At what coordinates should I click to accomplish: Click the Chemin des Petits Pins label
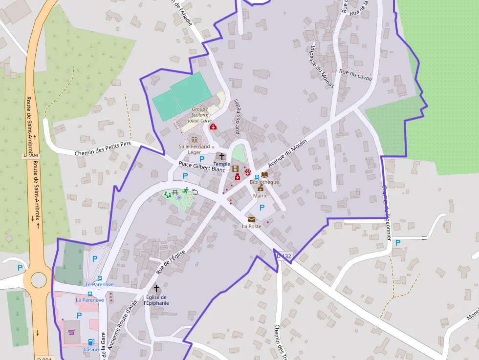pyautogui.click(x=103, y=148)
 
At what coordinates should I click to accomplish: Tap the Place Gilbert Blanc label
pyautogui.click(x=201, y=167)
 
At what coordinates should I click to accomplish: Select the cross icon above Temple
pyautogui.click(x=222, y=156)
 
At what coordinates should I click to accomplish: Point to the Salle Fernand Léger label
pyautogui.click(x=194, y=149)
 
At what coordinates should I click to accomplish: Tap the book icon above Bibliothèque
pyautogui.click(x=264, y=174)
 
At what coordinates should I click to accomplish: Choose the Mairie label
pyautogui.click(x=261, y=195)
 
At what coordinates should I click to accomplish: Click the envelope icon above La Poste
pyautogui.click(x=252, y=219)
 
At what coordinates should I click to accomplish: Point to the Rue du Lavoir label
pyautogui.click(x=356, y=75)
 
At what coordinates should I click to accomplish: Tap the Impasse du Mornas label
pyautogui.click(x=322, y=66)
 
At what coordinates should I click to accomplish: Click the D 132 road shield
pyautogui.click(x=283, y=256)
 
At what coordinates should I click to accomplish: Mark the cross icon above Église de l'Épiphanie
pyautogui.click(x=156, y=289)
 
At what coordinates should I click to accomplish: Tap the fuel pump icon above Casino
pyautogui.click(x=90, y=342)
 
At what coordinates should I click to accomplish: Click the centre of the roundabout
pyautogui.click(x=38, y=280)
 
